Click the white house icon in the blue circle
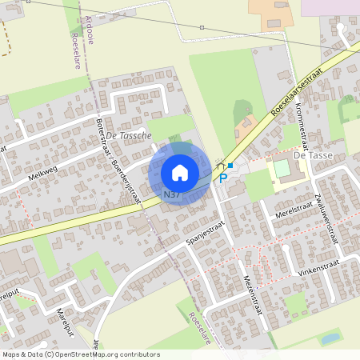(180, 172)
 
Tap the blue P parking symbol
(223, 178)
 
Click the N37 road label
(171, 194)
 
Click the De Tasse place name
(312, 154)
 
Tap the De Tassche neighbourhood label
(128, 136)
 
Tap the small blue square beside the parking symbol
(230, 165)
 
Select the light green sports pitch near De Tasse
(282, 170)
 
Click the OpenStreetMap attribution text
(81, 354)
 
